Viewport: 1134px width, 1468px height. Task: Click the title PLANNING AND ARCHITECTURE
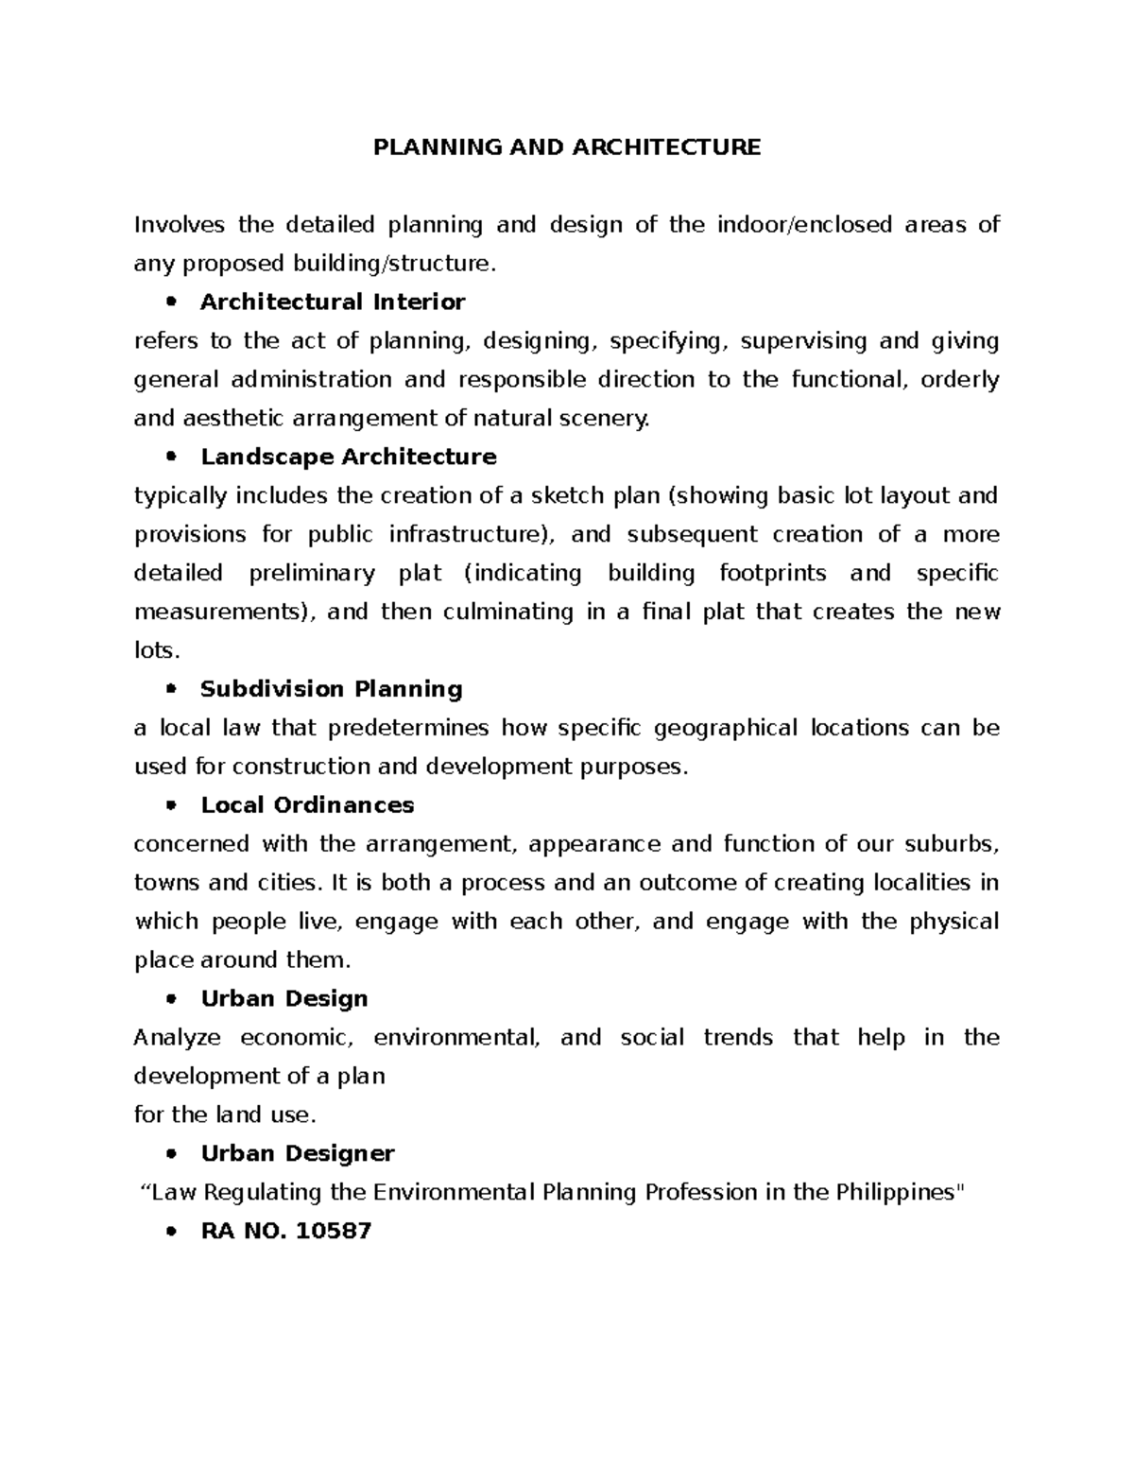[x=567, y=147]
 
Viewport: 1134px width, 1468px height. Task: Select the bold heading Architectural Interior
[x=333, y=302]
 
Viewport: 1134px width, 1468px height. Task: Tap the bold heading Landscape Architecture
[x=349, y=458]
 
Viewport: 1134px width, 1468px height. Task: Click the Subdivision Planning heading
[x=332, y=689]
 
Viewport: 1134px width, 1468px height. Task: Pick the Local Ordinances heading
[x=307, y=805]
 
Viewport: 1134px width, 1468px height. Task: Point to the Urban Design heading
[x=284, y=999]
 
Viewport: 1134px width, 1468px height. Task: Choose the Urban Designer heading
[x=298, y=1154]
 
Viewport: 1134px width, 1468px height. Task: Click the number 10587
[x=334, y=1232]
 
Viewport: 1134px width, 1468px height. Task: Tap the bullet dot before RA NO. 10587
[x=171, y=1232]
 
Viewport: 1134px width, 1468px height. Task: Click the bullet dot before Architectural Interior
[x=171, y=302]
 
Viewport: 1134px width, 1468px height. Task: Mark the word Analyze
[x=178, y=1038]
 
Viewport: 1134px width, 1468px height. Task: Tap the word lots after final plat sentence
[x=155, y=651]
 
